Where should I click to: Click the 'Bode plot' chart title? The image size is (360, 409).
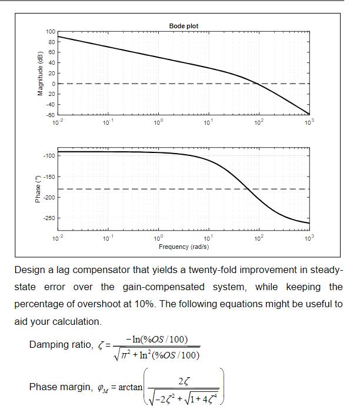point(184,26)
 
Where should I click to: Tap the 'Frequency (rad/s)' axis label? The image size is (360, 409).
point(184,247)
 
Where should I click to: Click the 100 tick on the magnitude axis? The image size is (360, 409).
point(51,31)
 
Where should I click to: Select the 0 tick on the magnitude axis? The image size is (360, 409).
point(53,84)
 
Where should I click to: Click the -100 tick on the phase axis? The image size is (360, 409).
point(49,156)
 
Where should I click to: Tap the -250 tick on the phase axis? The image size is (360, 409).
point(49,219)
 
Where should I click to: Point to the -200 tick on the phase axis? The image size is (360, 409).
point(49,198)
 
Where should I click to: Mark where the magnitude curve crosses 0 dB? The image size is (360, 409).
point(258,84)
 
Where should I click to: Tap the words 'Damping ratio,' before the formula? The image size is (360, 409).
point(61,345)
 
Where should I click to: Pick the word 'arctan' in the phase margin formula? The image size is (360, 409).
point(130,387)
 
